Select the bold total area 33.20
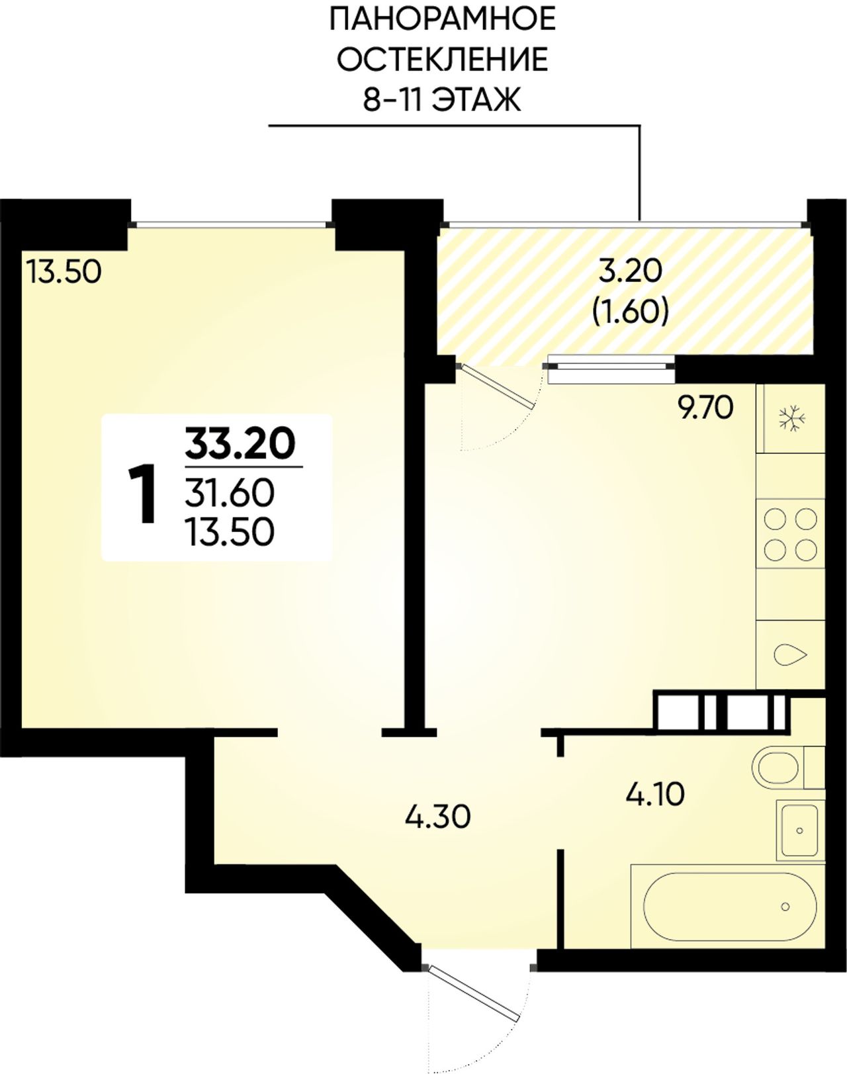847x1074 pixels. coord(240,443)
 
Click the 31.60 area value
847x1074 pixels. coord(230,492)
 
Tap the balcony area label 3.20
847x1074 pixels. coord(630,273)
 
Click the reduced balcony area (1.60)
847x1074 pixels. coord(630,312)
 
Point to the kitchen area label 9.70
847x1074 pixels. coord(705,408)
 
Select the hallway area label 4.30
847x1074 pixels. coord(437,817)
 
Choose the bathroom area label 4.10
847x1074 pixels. coord(655,794)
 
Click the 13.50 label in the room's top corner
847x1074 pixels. coord(64,273)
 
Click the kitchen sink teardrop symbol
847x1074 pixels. coord(791,654)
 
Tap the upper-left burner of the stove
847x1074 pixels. coord(775,519)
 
